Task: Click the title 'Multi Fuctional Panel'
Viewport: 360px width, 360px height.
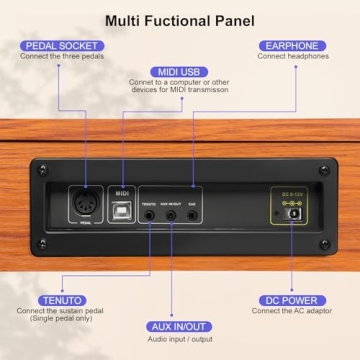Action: click(x=180, y=19)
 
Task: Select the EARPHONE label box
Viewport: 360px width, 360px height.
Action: click(x=291, y=45)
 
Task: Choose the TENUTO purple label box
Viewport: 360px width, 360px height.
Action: click(x=63, y=299)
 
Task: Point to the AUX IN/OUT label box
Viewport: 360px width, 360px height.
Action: click(x=181, y=326)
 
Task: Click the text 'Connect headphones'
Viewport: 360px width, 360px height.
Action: click(x=291, y=57)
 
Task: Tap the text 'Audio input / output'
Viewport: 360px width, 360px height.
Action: click(x=181, y=338)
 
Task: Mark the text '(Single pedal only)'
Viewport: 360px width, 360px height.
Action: click(x=62, y=321)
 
